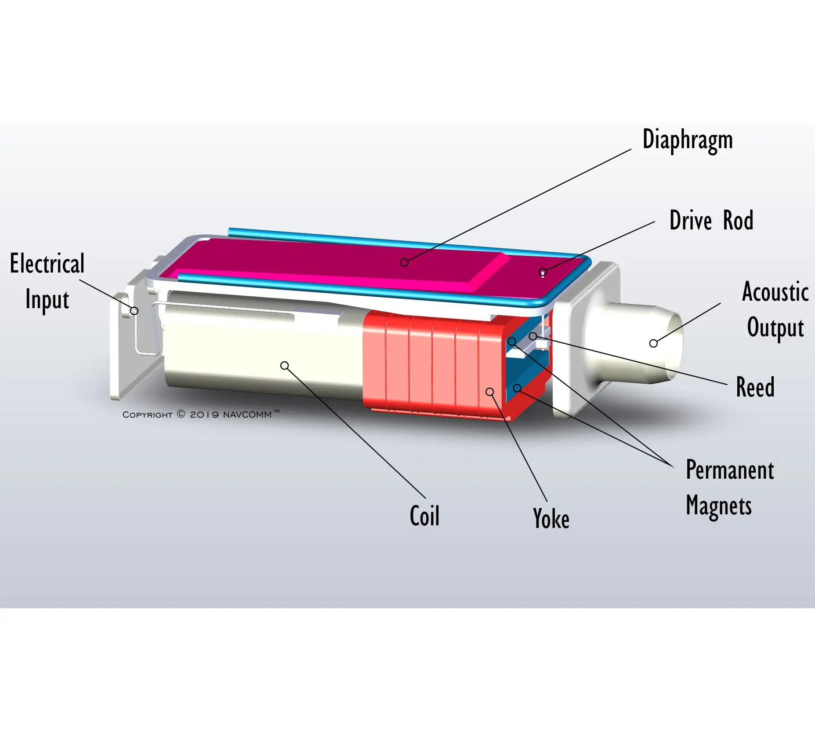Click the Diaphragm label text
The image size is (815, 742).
[688, 140]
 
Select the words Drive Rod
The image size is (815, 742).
[711, 220]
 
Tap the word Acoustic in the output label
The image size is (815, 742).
[775, 291]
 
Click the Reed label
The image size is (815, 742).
[755, 387]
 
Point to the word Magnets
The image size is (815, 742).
[719, 506]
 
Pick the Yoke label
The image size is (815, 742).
[551, 518]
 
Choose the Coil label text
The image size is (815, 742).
[424, 516]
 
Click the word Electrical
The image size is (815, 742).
[47, 264]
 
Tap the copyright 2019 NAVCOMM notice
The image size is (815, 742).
[201, 414]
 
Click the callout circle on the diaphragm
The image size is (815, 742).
[404, 262]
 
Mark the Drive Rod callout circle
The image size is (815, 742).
[543, 272]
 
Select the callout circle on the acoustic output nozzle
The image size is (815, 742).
[653, 343]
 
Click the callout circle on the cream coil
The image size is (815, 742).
[285, 366]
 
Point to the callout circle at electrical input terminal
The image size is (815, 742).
[134, 311]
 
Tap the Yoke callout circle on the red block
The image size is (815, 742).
[490, 392]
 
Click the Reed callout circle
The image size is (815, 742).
[533, 336]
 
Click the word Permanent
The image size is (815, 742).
[730, 470]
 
